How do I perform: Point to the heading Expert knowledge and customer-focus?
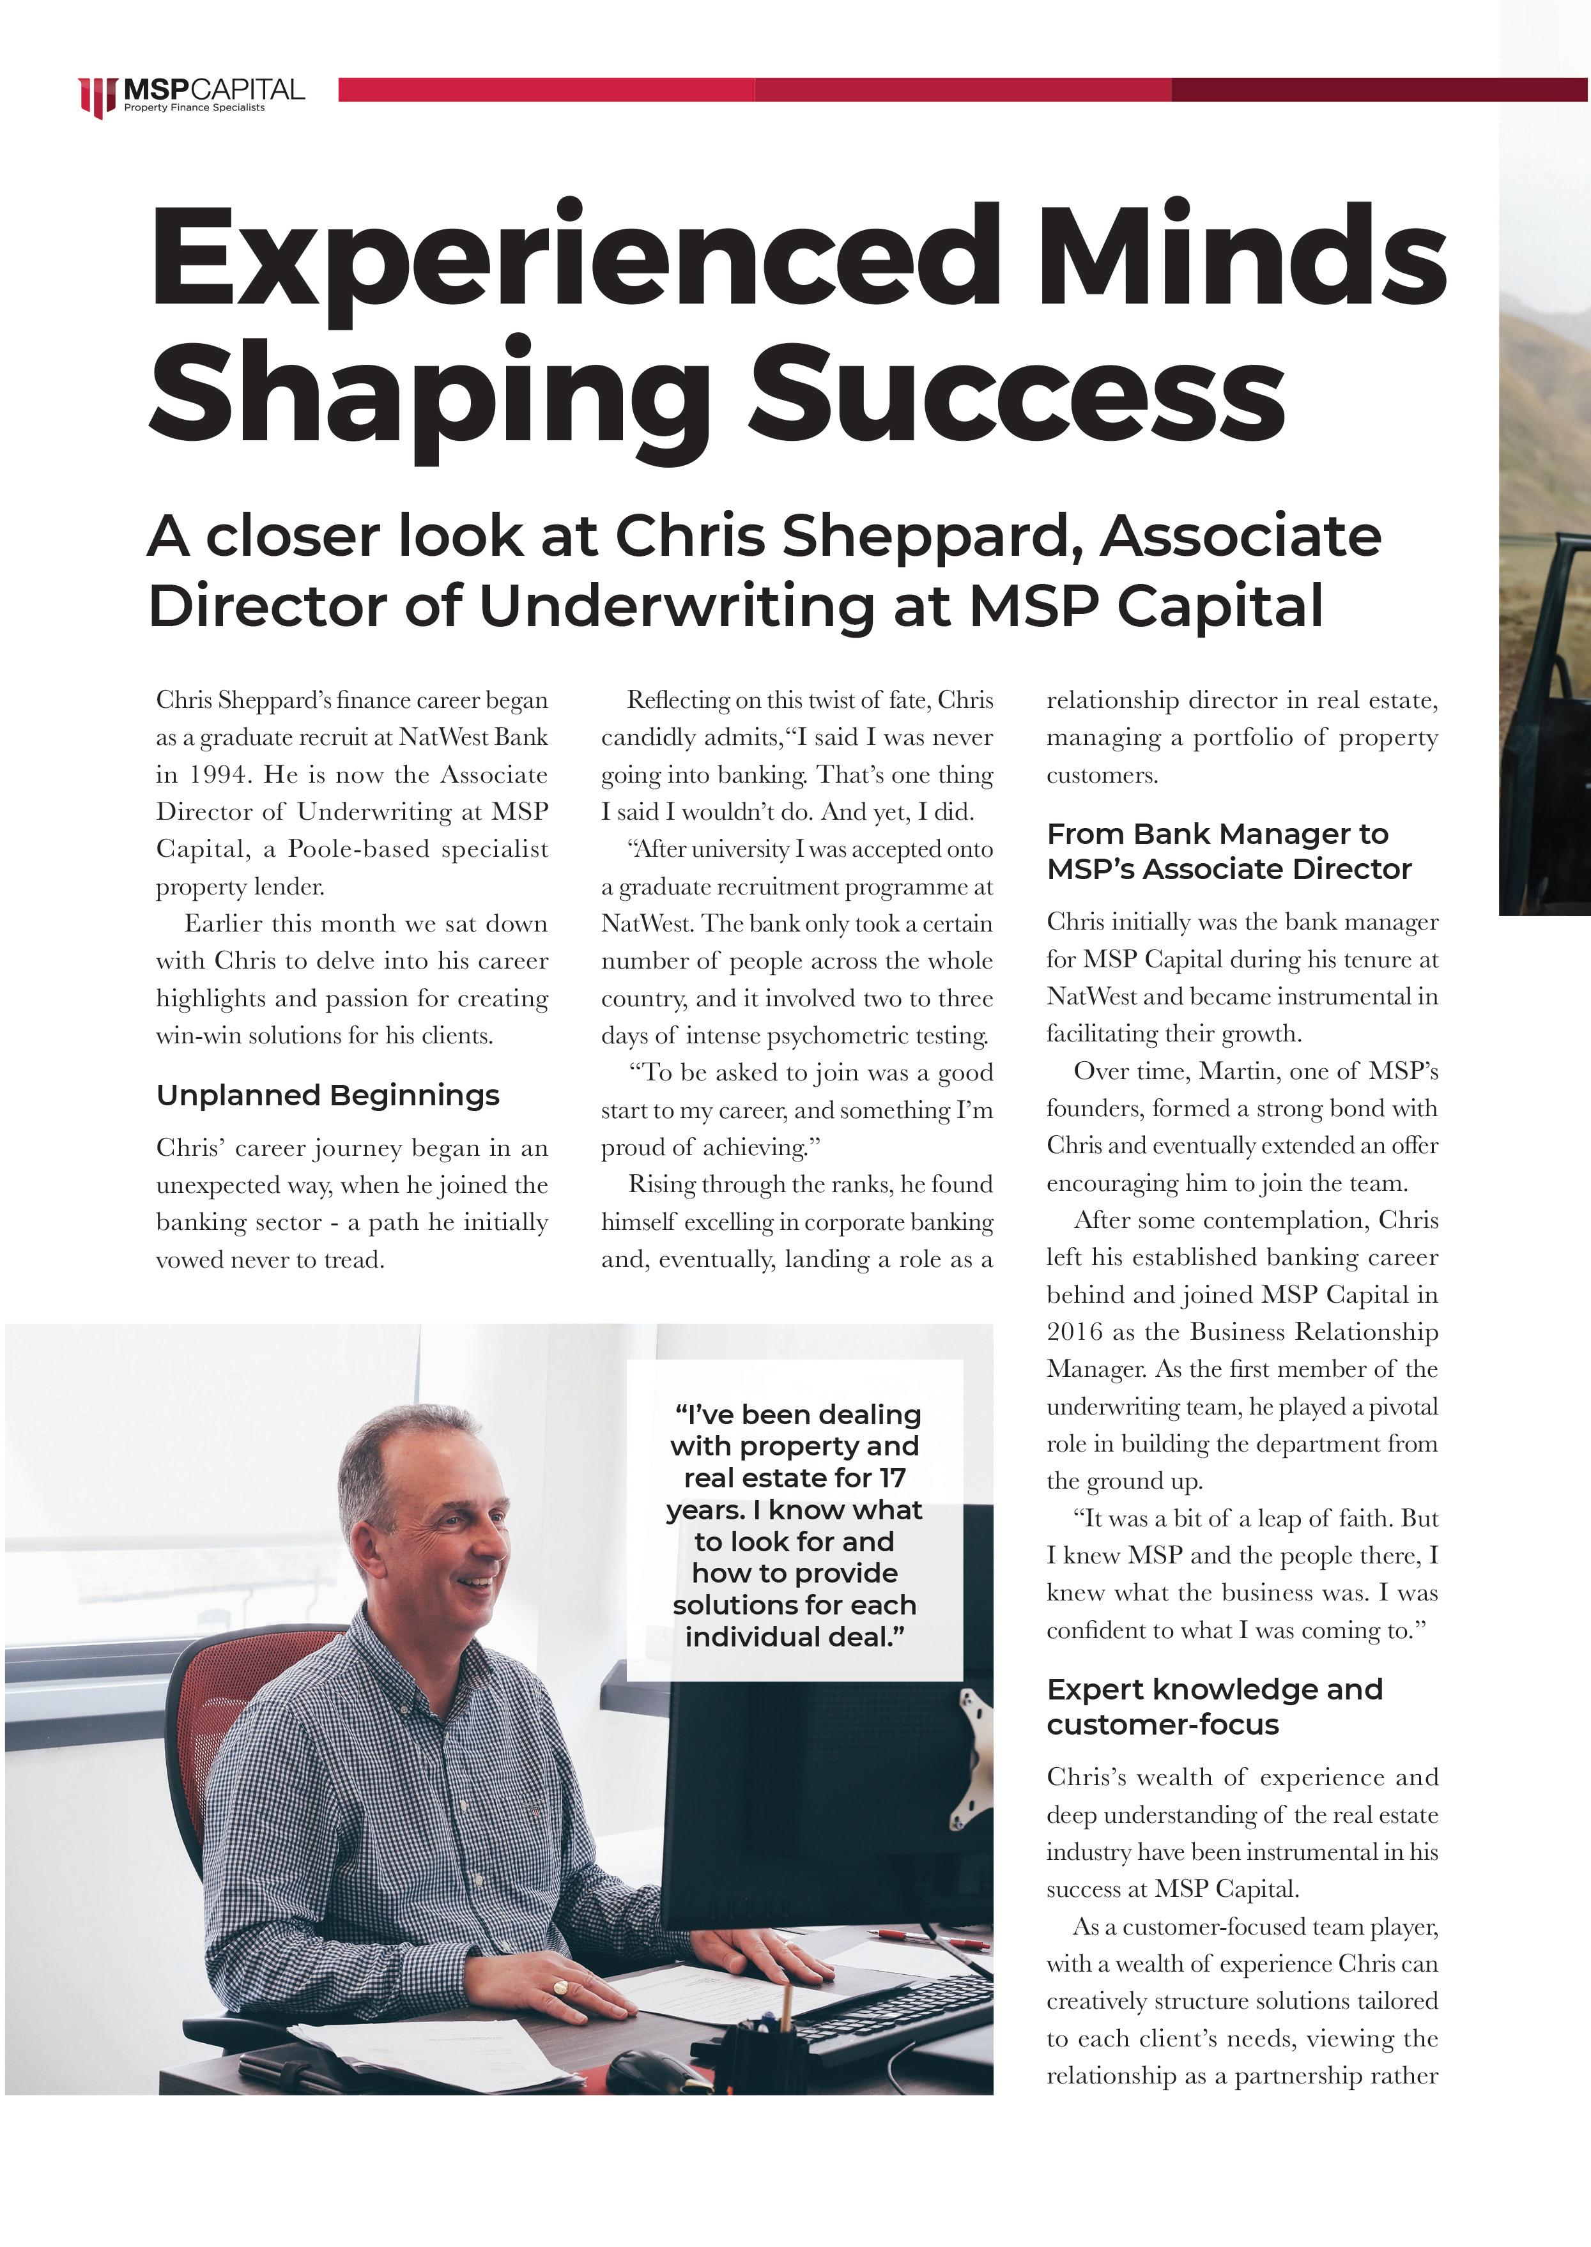[x=1214, y=1706]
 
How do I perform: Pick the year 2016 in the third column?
[x=1075, y=1332]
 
